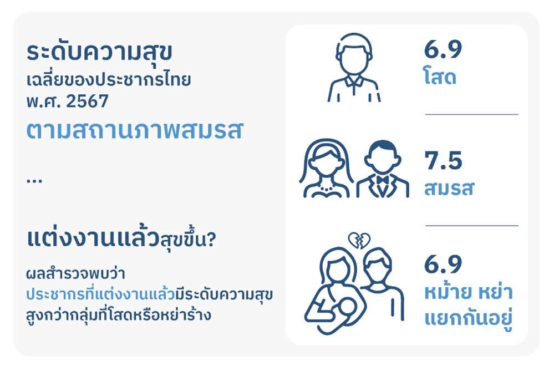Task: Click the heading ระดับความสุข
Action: click(x=99, y=53)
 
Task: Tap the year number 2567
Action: click(x=87, y=101)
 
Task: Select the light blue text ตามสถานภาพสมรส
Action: click(x=134, y=130)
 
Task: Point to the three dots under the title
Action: click(x=34, y=181)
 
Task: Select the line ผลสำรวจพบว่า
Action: click(x=75, y=273)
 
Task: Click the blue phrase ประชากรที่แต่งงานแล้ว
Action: click(x=100, y=294)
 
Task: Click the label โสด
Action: click(x=440, y=77)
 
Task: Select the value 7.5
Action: click(x=443, y=160)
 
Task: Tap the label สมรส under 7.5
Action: click(x=449, y=188)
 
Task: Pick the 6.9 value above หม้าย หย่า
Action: click(x=443, y=264)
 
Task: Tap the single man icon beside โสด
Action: click(x=354, y=68)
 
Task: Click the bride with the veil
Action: click(x=326, y=168)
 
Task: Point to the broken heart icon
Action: click(x=359, y=241)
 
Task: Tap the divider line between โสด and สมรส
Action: click(x=471, y=114)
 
